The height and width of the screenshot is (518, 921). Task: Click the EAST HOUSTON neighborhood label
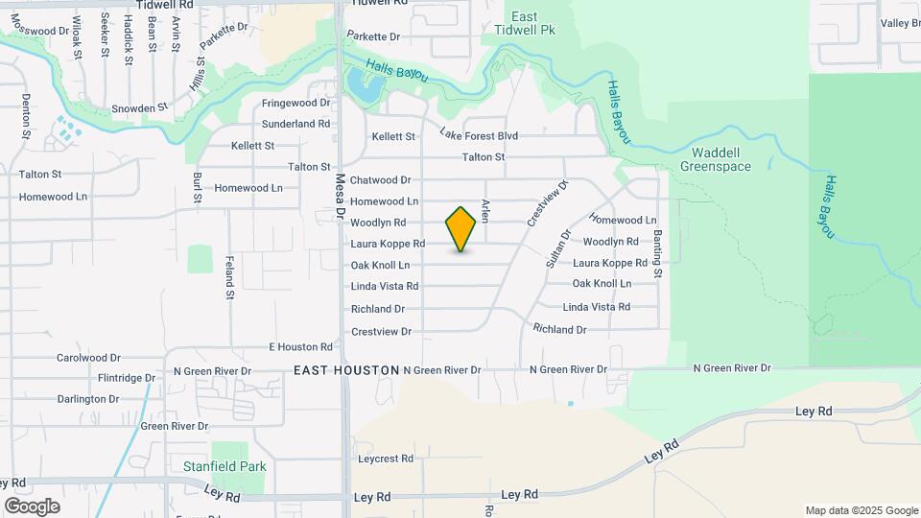click(346, 369)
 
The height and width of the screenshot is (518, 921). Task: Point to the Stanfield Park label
click(224, 466)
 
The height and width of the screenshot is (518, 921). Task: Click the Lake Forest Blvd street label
click(479, 135)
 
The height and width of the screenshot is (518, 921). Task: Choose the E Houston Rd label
click(300, 346)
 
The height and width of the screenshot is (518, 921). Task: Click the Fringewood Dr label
click(296, 102)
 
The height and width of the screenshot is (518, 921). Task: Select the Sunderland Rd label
click(296, 124)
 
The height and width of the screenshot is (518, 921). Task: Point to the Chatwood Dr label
click(380, 179)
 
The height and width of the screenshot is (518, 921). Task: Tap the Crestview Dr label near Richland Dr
click(381, 331)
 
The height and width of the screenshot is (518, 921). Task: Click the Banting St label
click(658, 253)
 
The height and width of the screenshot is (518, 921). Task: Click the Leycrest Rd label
click(386, 459)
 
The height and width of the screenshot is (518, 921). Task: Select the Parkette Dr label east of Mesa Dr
click(373, 36)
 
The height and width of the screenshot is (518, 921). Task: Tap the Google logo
click(32, 506)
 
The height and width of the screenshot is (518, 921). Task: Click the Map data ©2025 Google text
click(861, 510)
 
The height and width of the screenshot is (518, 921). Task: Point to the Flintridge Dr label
click(106, 378)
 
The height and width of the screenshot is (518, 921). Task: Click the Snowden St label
click(140, 108)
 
